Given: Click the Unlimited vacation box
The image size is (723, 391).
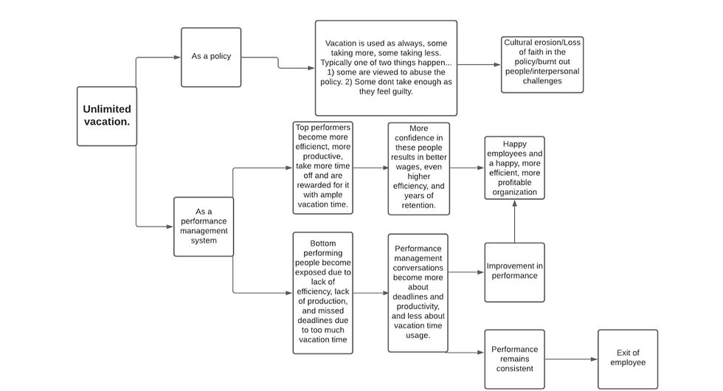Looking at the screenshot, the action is pos(106,117).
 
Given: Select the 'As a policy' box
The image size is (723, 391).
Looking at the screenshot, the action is pos(211,58).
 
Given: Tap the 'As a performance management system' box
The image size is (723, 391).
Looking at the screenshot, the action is pos(204,226).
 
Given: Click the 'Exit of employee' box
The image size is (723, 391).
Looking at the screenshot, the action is pos(628,359).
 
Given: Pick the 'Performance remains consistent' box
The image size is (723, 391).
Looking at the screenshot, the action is pos(514,359).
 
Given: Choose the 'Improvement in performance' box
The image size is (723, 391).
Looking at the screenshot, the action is pos(514,272).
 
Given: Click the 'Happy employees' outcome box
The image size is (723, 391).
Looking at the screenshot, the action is pos(514,168).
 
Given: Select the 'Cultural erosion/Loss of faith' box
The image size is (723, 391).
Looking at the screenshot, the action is pos(542,65).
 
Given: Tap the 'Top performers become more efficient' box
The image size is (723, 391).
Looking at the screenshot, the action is pos(323,168).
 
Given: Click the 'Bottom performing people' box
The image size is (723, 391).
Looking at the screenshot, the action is pos(323,293).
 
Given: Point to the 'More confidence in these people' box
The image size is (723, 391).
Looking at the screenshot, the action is pos(419,168).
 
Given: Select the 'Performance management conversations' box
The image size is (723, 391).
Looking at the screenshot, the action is pos(418,293).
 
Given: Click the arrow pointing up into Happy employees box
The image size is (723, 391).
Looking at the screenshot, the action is pos(515,221).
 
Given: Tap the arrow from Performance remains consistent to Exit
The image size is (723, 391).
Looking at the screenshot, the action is pos(571,359).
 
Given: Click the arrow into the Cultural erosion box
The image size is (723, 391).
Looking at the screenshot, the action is pos(479,65).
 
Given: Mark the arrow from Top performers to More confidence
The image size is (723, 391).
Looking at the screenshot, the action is pos(370,168).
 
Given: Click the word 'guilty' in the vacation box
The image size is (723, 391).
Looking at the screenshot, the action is pos(401,91).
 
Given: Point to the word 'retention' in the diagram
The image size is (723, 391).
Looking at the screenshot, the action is pos(418,205).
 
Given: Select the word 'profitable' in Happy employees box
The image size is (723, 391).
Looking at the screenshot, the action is pos(514,183).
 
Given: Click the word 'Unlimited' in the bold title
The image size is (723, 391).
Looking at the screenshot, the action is pos(107,109).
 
